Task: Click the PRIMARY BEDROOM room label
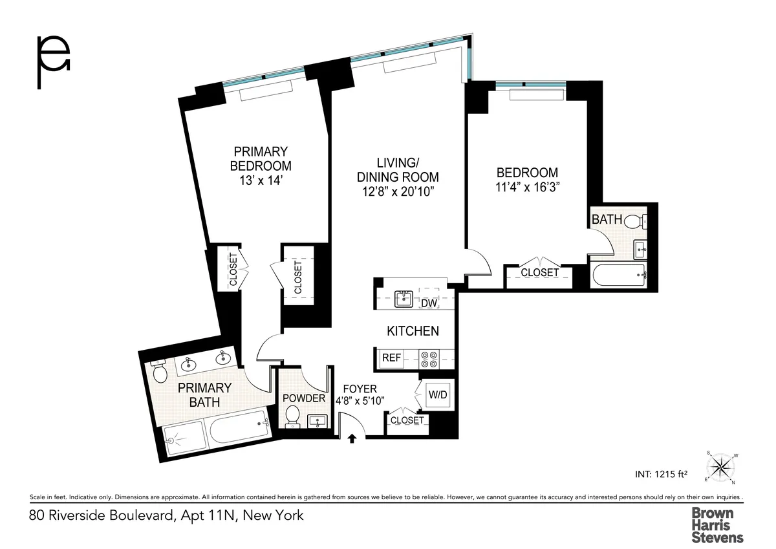coord(261,158)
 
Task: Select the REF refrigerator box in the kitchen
coord(392,358)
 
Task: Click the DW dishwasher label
coord(429,303)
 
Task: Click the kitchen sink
coord(404,297)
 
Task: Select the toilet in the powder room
coord(292,416)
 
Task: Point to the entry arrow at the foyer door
coord(352,440)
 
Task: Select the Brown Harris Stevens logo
coord(717,524)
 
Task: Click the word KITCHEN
coord(413,331)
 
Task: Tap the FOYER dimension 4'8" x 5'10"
coord(360,400)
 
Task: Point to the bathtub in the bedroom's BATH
coord(619,275)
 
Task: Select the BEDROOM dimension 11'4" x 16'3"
coord(527,188)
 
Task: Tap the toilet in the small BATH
coord(636,221)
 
